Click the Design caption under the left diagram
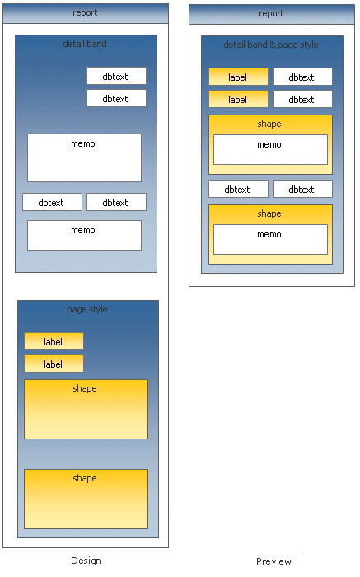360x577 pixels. click(x=86, y=561)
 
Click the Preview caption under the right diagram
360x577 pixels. click(x=274, y=561)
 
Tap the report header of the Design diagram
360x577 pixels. click(x=86, y=14)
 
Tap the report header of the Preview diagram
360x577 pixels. click(x=272, y=14)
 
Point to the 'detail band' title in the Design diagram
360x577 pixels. click(x=85, y=44)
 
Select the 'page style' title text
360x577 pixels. click(x=87, y=309)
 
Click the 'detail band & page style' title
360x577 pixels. click(x=271, y=45)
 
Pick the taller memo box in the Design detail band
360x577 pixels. click(x=84, y=158)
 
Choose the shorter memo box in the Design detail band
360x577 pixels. click(x=84, y=235)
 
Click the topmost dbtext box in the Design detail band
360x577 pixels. click(x=116, y=76)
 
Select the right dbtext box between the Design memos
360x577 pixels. click(x=116, y=202)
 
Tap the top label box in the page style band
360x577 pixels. click(x=54, y=341)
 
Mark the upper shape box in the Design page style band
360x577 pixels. click(x=86, y=409)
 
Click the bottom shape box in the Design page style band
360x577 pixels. click(x=86, y=499)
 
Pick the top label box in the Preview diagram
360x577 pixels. click(x=238, y=77)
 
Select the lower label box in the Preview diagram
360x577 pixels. click(x=238, y=99)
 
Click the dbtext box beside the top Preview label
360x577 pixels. click(x=302, y=77)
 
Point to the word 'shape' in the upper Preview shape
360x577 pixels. click(x=269, y=124)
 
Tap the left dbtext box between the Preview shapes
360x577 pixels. click(x=238, y=189)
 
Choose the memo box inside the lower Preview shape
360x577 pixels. click(x=270, y=239)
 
